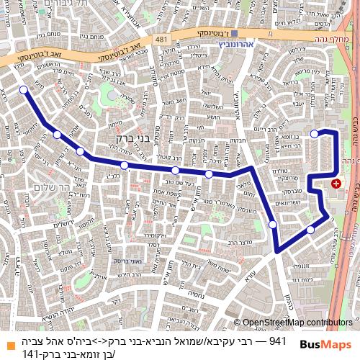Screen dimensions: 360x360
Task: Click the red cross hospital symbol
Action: [336, 184]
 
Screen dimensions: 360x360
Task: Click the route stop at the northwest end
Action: [24, 90]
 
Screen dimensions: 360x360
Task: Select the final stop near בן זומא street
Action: [314, 133]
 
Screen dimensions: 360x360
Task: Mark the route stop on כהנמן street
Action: [272, 225]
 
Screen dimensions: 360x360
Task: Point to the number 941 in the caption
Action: [278, 340]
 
